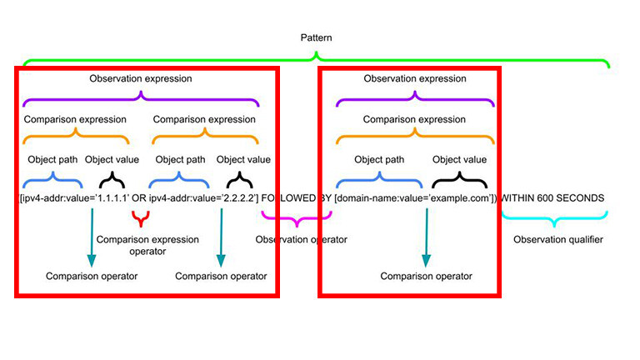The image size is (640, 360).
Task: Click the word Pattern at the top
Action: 316,38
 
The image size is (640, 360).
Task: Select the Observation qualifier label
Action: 557,240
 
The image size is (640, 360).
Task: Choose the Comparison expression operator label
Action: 147,245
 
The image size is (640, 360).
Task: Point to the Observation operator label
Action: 301,240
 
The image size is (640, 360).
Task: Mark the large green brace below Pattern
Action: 316,61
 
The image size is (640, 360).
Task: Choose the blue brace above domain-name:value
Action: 379,177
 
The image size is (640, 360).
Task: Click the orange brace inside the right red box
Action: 414,135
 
